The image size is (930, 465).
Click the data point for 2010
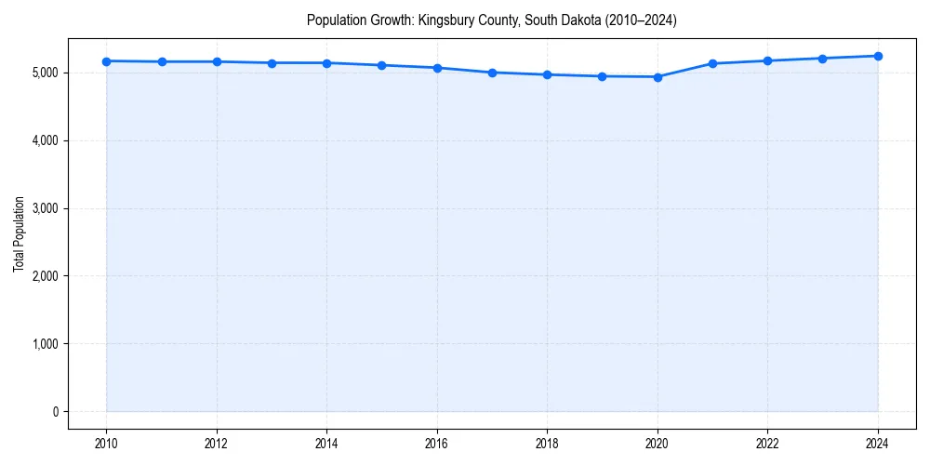[x=107, y=61]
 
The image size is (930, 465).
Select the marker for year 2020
[x=658, y=77]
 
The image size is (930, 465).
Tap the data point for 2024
[x=878, y=56]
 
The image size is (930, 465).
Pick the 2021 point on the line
[x=712, y=63]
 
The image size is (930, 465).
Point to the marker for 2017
[x=492, y=73]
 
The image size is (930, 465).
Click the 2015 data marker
[x=382, y=65]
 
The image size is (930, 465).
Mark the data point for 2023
[x=822, y=59]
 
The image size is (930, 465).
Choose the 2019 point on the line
[x=603, y=76]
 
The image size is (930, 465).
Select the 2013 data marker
[x=272, y=63]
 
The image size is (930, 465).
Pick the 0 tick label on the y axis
[x=54, y=412]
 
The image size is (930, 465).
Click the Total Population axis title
[x=19, y=233]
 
